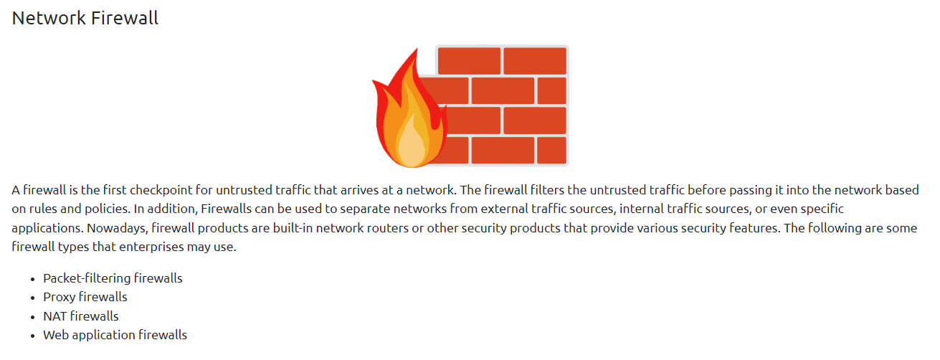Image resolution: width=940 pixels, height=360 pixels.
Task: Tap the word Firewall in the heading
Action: (124, 19)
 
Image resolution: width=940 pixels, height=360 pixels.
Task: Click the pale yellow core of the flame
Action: (409, 143)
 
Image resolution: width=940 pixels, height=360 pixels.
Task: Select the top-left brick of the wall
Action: (469, 61)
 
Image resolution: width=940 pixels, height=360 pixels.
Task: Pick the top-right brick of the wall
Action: (534, 61)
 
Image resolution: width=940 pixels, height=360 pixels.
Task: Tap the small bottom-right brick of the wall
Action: (551, 151)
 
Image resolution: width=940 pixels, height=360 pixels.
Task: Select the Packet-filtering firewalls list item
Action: (113, 278)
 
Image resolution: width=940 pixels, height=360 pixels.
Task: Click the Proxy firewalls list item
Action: (85, 297)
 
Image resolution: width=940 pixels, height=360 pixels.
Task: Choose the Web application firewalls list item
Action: (115, 334)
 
